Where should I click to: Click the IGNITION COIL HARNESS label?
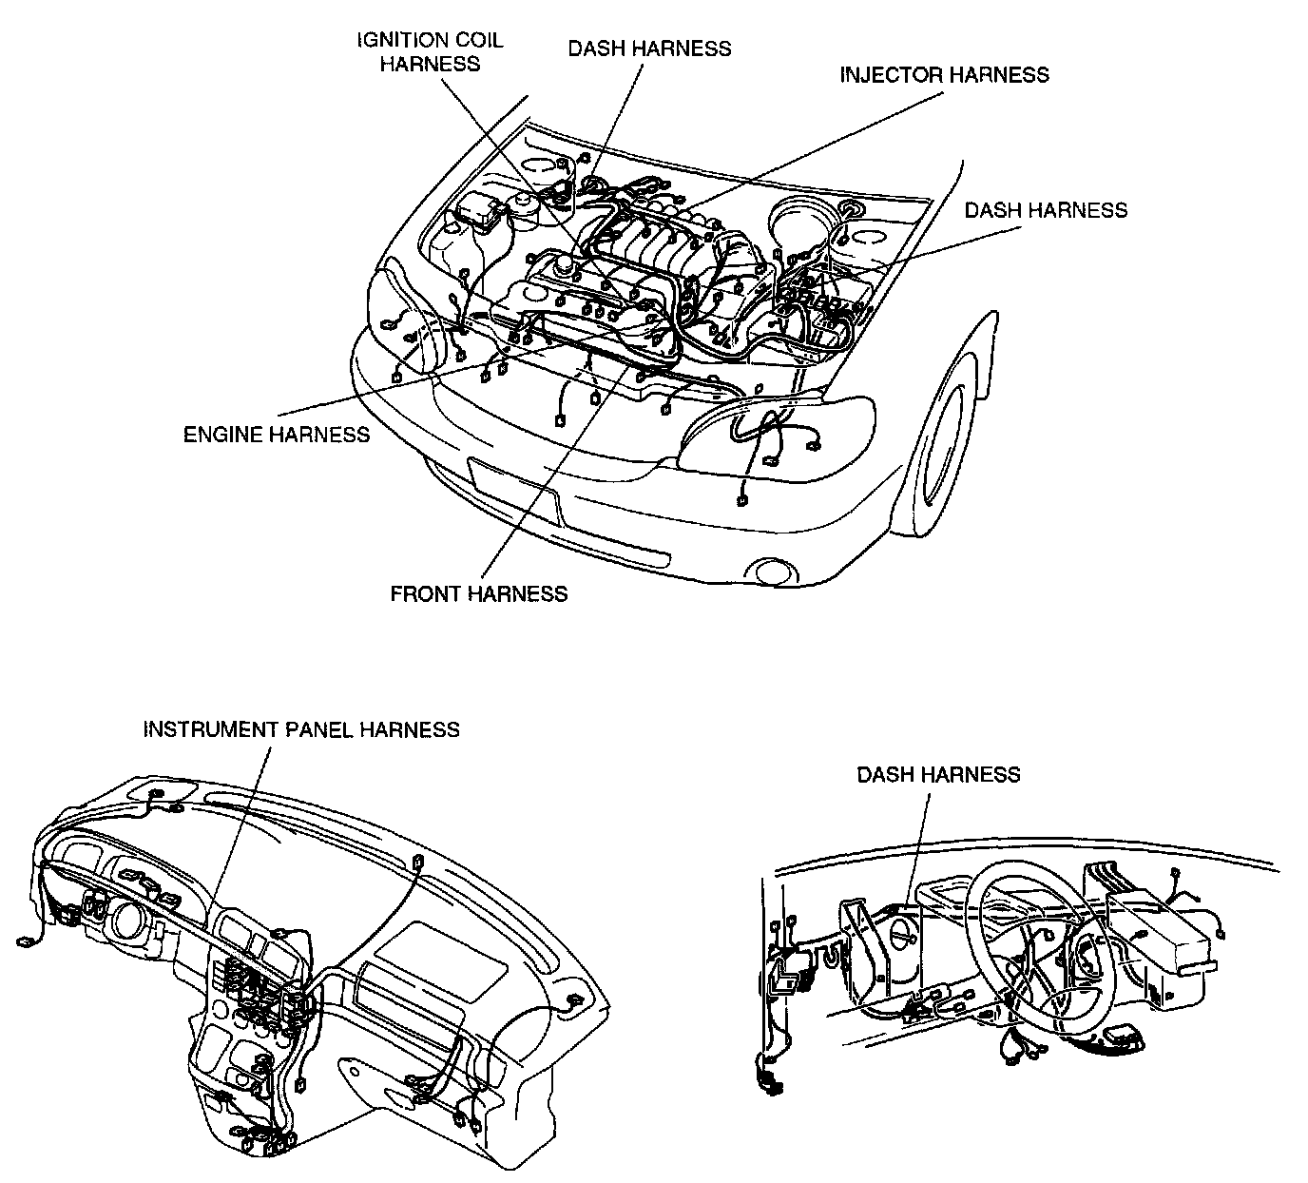(431, 52)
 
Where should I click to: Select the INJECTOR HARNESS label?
(945, 75)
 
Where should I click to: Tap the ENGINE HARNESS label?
(277, 435)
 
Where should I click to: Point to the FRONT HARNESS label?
(479, 593)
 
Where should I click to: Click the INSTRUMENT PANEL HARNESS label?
(301, 729)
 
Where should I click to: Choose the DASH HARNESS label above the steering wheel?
(938, 774)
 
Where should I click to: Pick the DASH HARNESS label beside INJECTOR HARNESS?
(650, 48)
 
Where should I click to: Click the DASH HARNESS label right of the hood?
(1046, 210)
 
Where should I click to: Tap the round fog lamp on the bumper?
(771, 572)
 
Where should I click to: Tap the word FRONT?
(427, 593)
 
